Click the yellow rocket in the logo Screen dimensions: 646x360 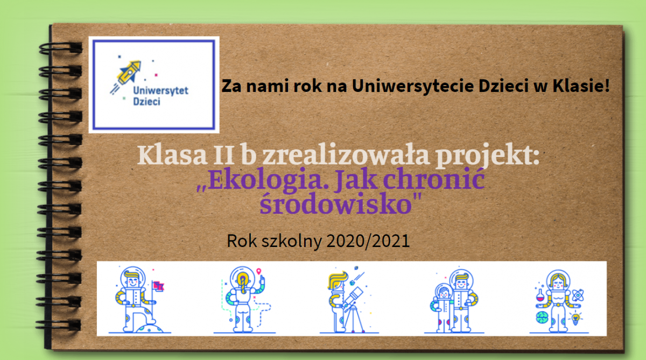(x=129, y=72)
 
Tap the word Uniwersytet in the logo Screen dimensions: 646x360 (x=160, y=90)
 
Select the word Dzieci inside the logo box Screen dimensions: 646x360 (x=146, y=102)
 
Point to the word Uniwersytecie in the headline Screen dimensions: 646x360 (x=413, y=86)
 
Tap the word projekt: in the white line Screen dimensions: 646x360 (x=487, y=156)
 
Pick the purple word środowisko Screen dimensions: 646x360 (x=336, y=203)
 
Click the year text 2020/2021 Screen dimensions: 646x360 (x=368, y=241)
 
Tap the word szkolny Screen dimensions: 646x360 (x=291, y=242)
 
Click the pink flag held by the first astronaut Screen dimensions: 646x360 (x=159, y=286)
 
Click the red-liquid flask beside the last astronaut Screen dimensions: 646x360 (x=539, y=295)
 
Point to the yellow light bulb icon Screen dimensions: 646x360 (x=575, y=319)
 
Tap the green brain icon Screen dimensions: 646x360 (x=542, y=317)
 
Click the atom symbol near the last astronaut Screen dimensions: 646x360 (x=578, y=295)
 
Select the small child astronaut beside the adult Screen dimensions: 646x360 (x=442, y=307)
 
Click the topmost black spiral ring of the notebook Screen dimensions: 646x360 (x=60, y=48)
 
